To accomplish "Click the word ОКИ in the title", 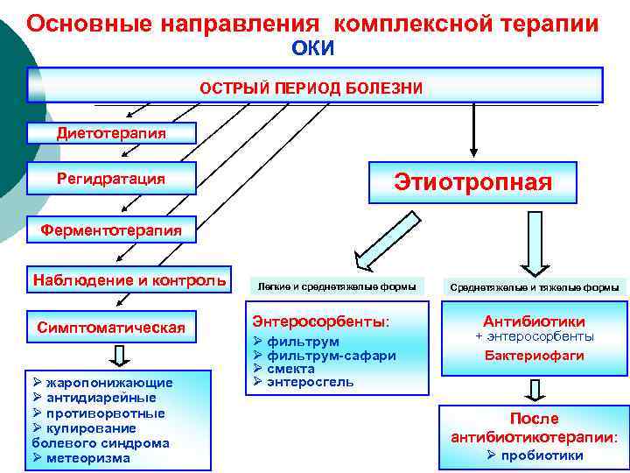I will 312,47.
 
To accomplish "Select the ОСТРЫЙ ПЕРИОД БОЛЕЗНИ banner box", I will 315,86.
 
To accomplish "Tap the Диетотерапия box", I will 111,133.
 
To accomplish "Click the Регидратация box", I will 111,179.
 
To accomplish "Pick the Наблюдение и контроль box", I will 129,280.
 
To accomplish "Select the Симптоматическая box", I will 111,328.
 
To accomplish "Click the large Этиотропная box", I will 472,182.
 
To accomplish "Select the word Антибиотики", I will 534,321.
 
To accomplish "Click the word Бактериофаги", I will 534,356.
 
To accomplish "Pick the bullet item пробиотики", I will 542,455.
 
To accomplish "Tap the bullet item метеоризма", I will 87,457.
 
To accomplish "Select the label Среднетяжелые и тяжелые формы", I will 535,287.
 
